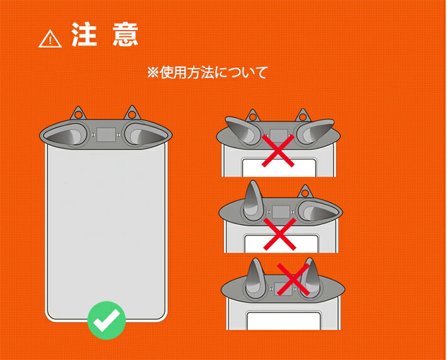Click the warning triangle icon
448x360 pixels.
[x=50, y=39]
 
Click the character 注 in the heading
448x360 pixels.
[x=84, y=34]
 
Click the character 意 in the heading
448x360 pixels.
[x=125, y=34]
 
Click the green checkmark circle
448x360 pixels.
[x=106, y=320]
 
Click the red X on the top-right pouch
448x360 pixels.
[x=278, y=150]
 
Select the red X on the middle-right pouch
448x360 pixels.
[x=280, y=234]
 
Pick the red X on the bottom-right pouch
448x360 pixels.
[x=293, y=279]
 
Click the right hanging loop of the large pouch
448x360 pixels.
[x=132, y=113]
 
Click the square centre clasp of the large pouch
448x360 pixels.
[x=106, y=135]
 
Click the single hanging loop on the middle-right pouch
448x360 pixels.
[x=305, y=192]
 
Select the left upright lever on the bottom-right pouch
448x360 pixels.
[x=255, y=278]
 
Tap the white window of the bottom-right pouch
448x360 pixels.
[x=284, y=321]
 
